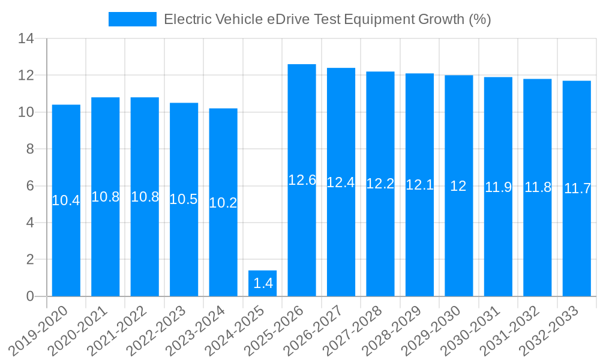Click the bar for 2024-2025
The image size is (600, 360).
pos(262,283)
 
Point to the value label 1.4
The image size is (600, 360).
pos(263,284)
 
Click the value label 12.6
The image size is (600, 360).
pos(302,180)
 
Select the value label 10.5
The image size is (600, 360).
pos(184,199)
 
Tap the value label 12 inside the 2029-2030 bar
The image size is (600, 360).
pos(458,186)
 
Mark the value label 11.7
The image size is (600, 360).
pos(577,188)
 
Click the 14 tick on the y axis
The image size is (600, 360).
pos(27,39)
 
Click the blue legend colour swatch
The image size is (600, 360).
pos(132,19)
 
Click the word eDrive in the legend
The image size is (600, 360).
pos(289,19)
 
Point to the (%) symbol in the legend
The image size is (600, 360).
pos(479,19)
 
